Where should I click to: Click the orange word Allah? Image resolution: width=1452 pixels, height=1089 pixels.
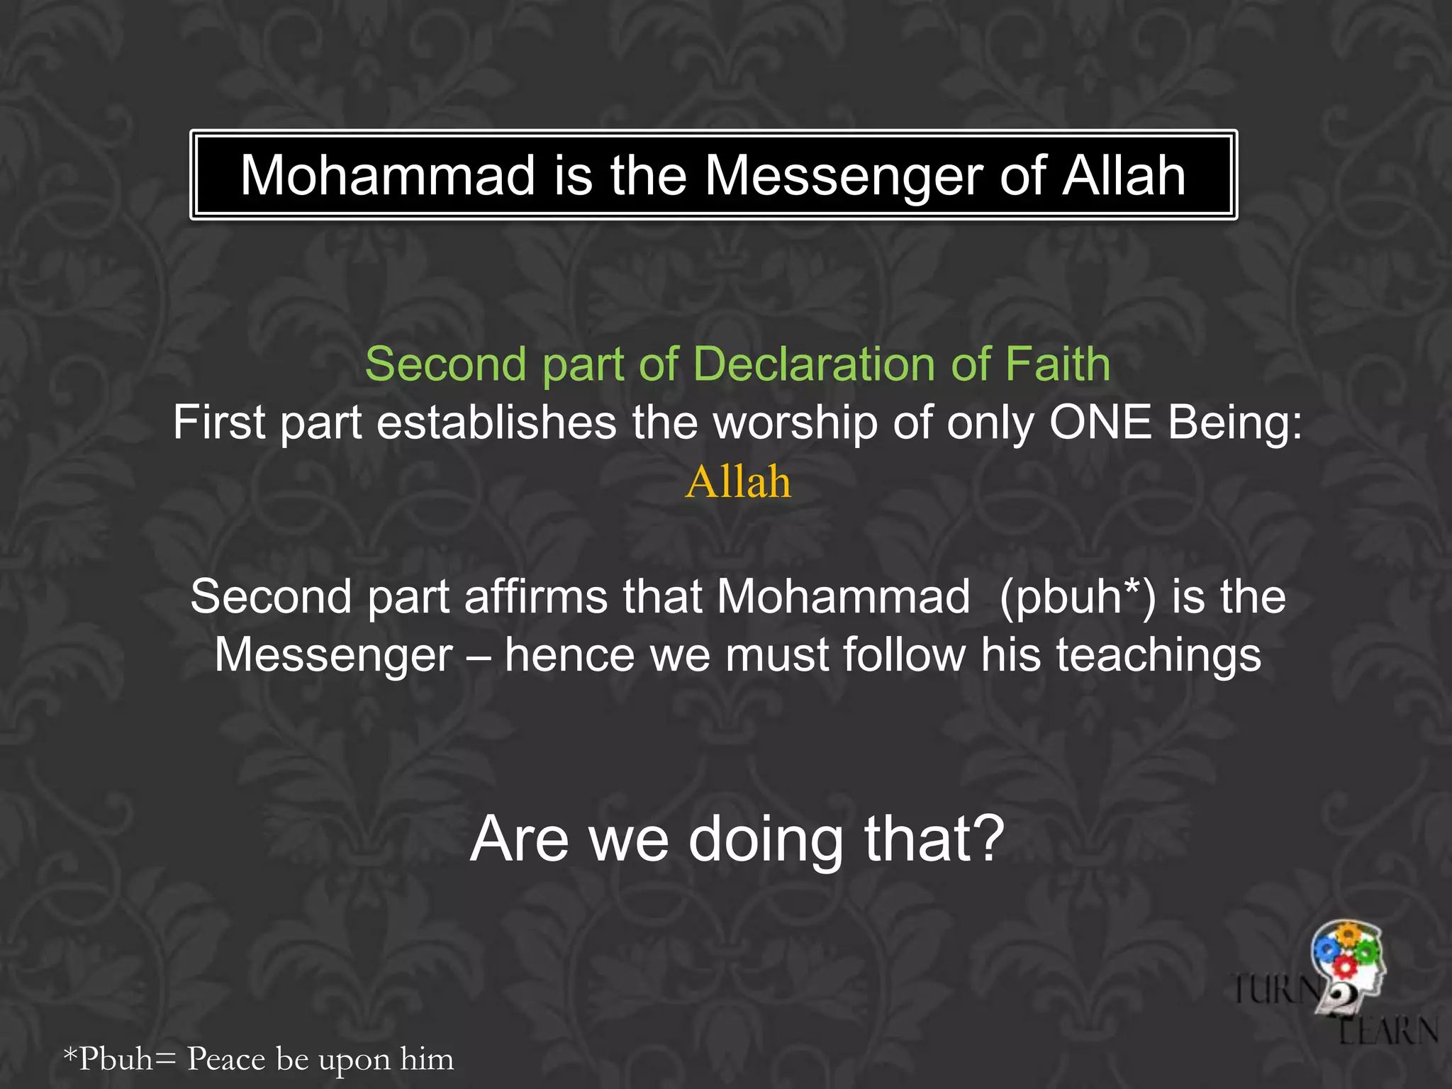click(737, 482)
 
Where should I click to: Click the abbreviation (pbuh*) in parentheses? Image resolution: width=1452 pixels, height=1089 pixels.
click(1077, 598)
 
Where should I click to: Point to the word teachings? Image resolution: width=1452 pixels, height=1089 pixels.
click(1158, 656)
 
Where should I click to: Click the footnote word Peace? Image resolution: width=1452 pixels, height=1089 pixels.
click(226, 1059)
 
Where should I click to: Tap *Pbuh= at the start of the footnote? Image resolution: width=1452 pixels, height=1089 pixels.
click(119, 1059)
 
